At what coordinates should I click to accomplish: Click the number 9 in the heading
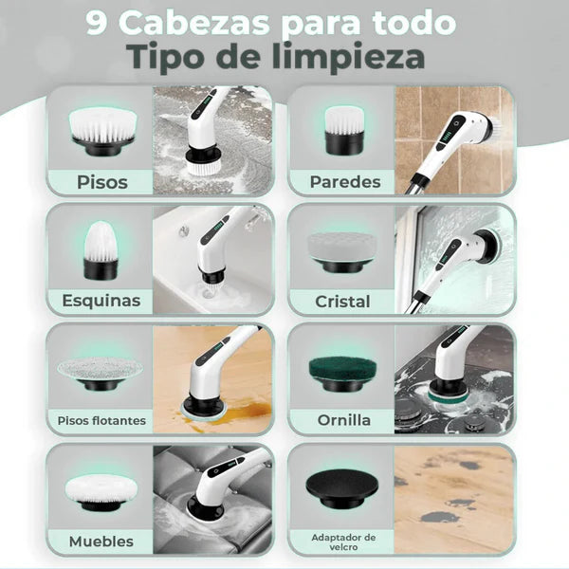coord(99,24)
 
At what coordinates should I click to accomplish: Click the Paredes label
coord(344,182)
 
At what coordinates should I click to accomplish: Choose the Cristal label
coord(342,301)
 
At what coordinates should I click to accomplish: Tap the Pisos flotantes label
coord(101,420)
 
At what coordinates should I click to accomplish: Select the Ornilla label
coord(344,420)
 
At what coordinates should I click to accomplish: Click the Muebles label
coord(101,541)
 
